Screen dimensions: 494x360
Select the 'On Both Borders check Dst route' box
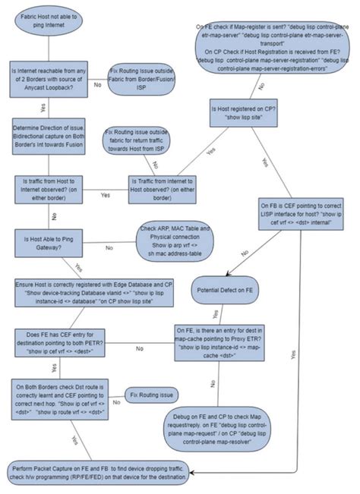[x=64, y=396]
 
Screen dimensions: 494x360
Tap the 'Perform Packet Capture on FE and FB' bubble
[x=102, y=470]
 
